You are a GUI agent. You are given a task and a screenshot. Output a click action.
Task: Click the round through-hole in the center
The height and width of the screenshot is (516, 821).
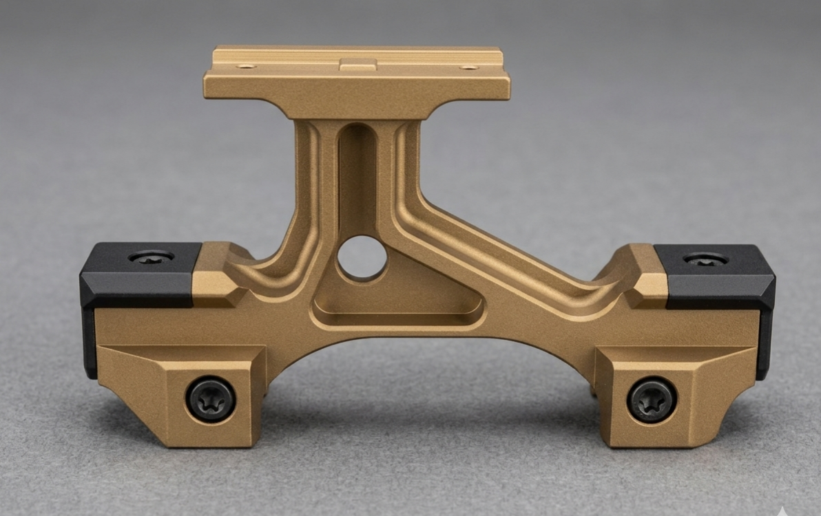pos(362,258)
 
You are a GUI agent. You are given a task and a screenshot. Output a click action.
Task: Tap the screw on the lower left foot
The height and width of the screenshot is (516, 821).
pos(211,400)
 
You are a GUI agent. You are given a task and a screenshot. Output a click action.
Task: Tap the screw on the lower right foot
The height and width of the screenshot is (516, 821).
pos(652,400)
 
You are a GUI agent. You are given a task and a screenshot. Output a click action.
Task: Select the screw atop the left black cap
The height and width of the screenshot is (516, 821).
pos(151,257)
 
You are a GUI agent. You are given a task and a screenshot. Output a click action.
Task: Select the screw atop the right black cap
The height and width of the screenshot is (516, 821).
pos(705,259)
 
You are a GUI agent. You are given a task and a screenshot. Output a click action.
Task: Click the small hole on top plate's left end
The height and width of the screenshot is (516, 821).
pos(246,67)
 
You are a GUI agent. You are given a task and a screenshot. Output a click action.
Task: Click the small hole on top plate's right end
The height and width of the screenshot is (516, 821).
pos(468,67)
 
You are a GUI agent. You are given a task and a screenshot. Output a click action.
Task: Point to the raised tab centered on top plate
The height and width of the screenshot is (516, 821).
pos(358,65)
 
